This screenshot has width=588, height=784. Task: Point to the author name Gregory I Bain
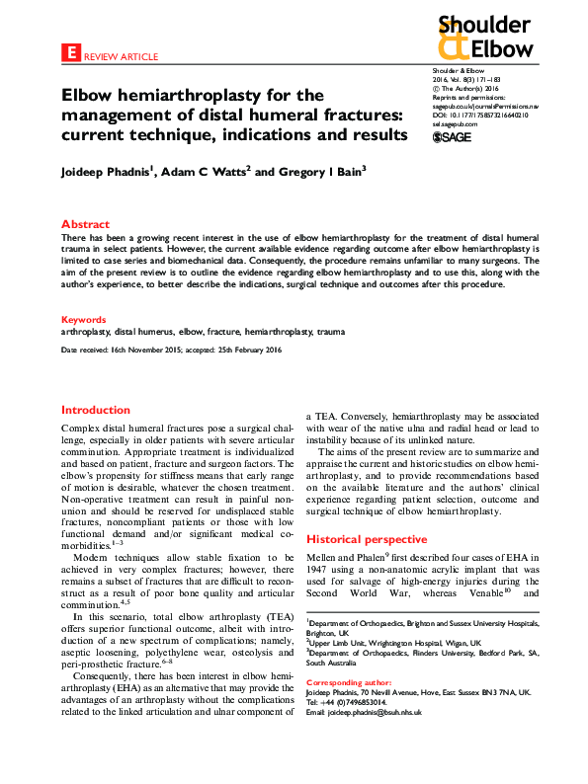coord(293,171)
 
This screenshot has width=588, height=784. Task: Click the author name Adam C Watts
coord(199,171)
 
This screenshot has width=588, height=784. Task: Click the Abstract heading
coord(86,224)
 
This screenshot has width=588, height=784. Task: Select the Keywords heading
coord(83,320)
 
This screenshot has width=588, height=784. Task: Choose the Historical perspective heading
coord(367,540)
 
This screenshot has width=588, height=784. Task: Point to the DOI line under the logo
coord(479,116)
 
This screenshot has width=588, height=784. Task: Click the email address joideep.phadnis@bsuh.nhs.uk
coord(384,713)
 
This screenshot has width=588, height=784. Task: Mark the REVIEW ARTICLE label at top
coord(119,56)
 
